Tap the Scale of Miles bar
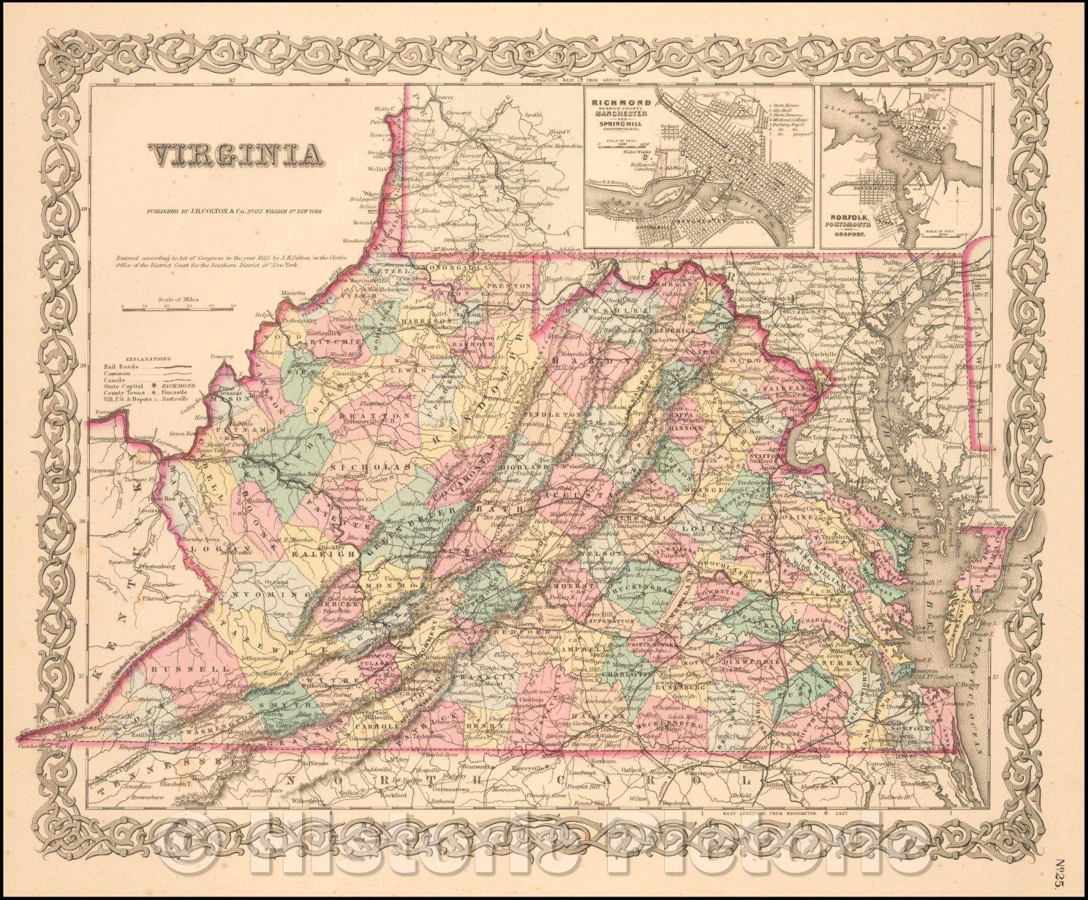tap(178, 307)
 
